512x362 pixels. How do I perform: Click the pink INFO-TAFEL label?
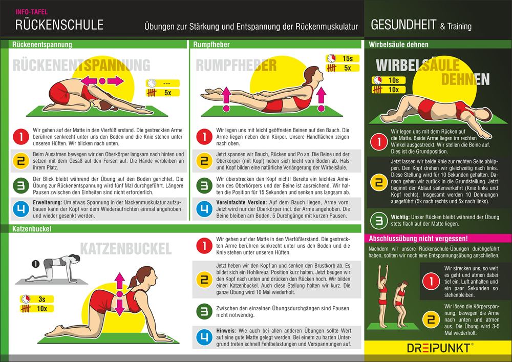click(x=31, y=12)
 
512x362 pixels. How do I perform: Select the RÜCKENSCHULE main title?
click(x=59, y=25)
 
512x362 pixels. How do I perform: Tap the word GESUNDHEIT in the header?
click(x=403, y=25)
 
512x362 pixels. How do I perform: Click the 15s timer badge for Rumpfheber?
click(x=343, y=58)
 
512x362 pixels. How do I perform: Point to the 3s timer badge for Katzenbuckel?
click(x=37, y=299)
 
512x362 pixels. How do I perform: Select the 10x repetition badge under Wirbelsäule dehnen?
click(x=389, y=90)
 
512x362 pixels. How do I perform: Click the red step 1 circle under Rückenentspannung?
click(x=21, y=136)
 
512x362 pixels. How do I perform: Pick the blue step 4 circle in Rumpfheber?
click(x=204, y=209)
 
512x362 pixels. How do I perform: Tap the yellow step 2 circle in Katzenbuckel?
click(x=204, y=279)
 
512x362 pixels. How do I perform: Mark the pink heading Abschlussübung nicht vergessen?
click(x=418, y=239)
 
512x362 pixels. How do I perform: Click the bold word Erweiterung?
click(x=47, y=202)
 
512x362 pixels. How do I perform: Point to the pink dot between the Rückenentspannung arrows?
click(x=102, y=81)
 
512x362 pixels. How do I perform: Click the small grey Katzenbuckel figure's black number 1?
click(x=35, y=264)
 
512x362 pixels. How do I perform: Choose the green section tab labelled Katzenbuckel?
click(x=32, y=229)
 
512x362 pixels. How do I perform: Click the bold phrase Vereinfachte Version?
click(x=242, y=202)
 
